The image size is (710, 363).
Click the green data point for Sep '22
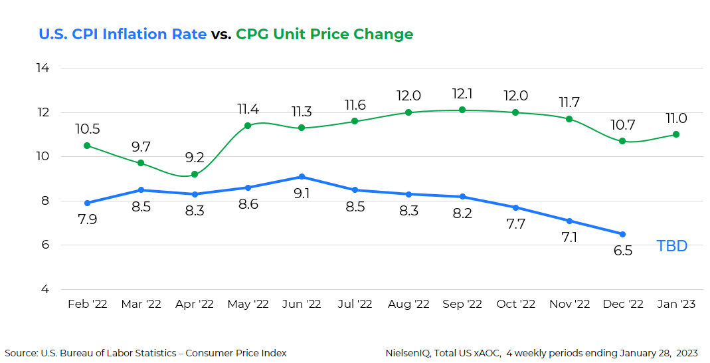pyautogui.click(x=462, y=110)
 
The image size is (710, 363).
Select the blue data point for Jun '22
pyautogui.click(x=302, y=177)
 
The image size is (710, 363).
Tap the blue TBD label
pyautogui.click(x=671, y=246)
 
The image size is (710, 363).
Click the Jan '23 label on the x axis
pyautogui.click(x=675, y=304)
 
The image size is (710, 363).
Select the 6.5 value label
pyautogui.click(x=622, y=251)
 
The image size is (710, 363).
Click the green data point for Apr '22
pyautogui.click(x=195, y=174)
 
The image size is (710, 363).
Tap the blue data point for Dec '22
pyautogui.click(x=622, y=234)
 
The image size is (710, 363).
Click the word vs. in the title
pyautogui.click(x=221, y=35)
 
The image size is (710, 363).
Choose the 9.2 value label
pyautogui.click(x=195, y=158)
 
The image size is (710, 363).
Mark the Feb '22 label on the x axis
pyautogui.click(x=87, y=304)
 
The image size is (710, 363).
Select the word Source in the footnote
pyautogui.click(x=21, y=353)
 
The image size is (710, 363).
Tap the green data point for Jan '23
pyautogui.click(x=676, y=134)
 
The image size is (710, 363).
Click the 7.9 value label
pyautogui.click(x=87, y=219)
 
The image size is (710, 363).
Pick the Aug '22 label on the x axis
pyautogui.click(x=408, y=304)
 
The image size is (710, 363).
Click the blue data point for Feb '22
pyautogui.click(x=87, y=203)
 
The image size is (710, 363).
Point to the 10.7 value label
pyautogui.click(x=622, y=125)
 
